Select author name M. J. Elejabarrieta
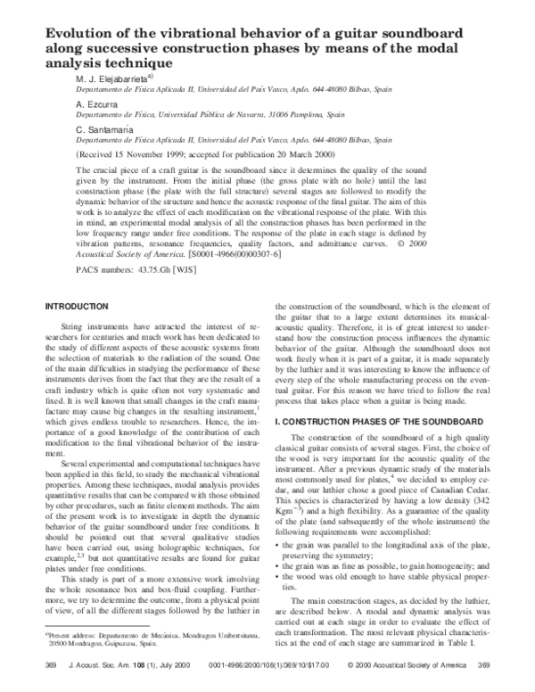point(115,78)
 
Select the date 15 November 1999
point(152,153)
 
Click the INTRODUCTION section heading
point(82,307)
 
